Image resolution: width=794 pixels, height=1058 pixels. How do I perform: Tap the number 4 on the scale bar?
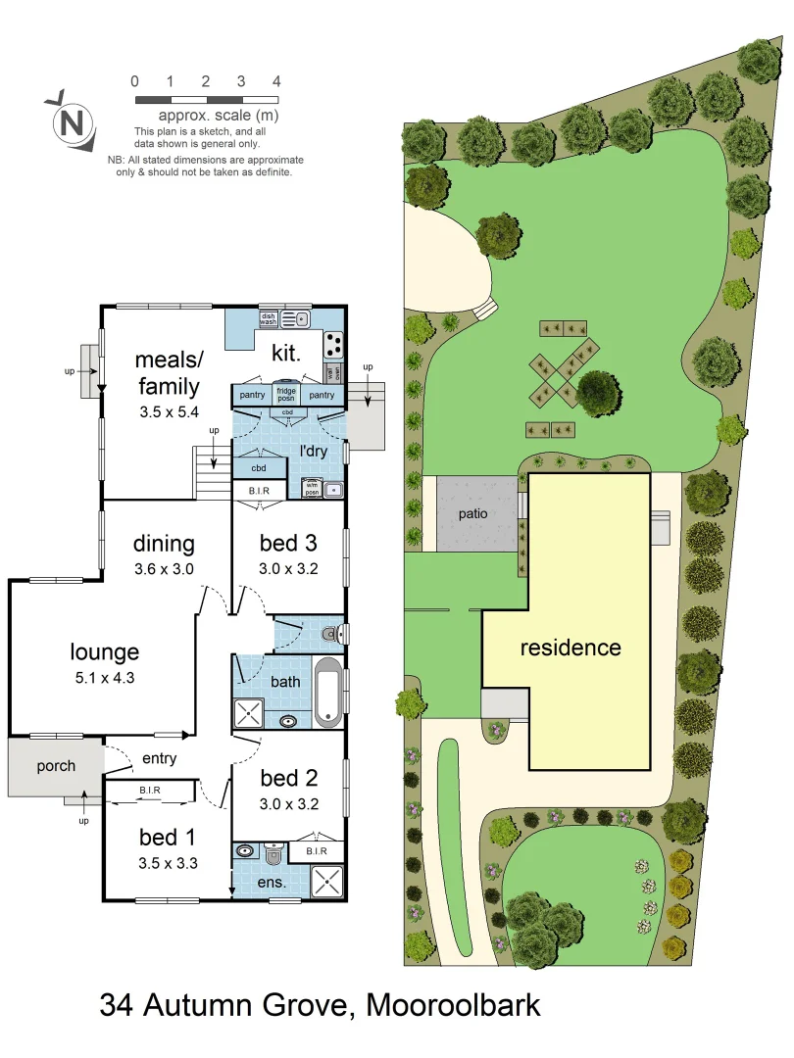click(x=277, y=81)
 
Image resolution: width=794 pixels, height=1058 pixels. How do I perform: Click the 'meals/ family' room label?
click(x=168, y=371)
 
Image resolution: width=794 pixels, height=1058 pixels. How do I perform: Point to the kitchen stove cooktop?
click(x=333, y=343)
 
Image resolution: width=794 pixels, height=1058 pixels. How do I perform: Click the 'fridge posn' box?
click(x=287, y=394)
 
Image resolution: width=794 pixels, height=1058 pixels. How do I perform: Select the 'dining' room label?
click(x=164, y=544)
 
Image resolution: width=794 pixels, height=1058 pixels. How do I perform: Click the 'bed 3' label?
click(x=288, y=544)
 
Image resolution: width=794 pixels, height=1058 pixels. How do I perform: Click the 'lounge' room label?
click(x=104, y=651)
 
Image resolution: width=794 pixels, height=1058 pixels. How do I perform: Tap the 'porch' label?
click(x=56, y=766)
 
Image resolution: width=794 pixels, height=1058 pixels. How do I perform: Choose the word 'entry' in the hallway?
click(x=159, y=758)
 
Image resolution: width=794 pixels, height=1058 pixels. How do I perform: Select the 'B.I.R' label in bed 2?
click(x=316, y=851)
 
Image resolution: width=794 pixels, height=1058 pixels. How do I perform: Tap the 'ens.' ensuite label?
click(x=272, y=883)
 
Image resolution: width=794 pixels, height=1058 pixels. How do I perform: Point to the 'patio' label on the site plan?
click(x=473, y=513)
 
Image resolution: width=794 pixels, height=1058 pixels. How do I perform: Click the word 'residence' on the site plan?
click(x=570, y=648)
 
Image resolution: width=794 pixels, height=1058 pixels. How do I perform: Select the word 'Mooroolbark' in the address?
click(x=453, y=1005)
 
